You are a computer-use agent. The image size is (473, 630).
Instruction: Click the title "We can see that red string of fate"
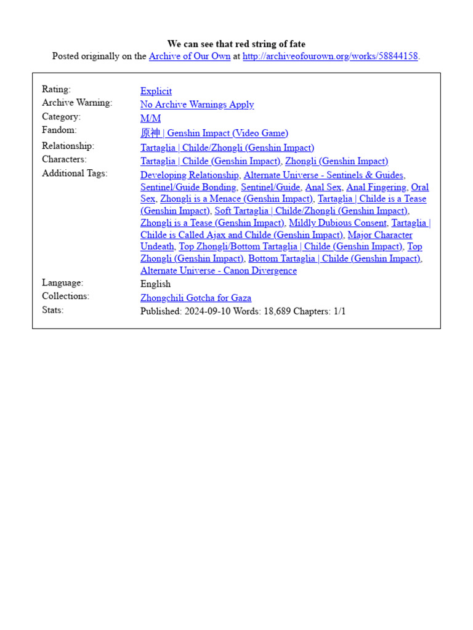pos(236,44)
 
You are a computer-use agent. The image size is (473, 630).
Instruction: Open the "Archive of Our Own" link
pos(190,56)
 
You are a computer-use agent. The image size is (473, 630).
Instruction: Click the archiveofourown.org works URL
pos(330,56)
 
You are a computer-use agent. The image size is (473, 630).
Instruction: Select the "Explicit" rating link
pos(156,91)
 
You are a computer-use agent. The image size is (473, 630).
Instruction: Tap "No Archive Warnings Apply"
pos(197,105)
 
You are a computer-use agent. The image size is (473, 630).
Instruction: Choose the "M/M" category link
pos(150,118)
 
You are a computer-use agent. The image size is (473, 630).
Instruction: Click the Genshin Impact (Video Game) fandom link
pos(214,133)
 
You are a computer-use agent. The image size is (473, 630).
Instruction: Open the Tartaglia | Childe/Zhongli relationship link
pos(227,148)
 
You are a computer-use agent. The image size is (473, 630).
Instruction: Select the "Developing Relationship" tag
pos(189,175)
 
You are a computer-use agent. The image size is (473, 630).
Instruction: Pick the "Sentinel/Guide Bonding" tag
pos(188,187)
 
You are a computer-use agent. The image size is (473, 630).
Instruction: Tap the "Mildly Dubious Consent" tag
pos(338,223)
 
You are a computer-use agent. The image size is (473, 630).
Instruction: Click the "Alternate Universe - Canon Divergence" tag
pos(219,271)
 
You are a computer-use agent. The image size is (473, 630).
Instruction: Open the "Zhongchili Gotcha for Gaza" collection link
pos(196,298)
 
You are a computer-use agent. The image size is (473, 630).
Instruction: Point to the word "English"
pos(155,284)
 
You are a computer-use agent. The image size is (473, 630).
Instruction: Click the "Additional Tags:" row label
pos(75,173)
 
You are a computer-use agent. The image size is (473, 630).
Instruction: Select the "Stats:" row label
pos(52,310)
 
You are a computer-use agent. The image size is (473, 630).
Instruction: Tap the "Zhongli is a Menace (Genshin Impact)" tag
pos(236,199)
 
